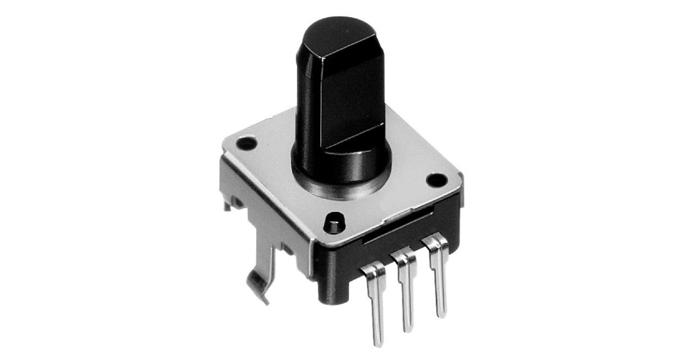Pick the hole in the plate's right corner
(436, 181)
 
